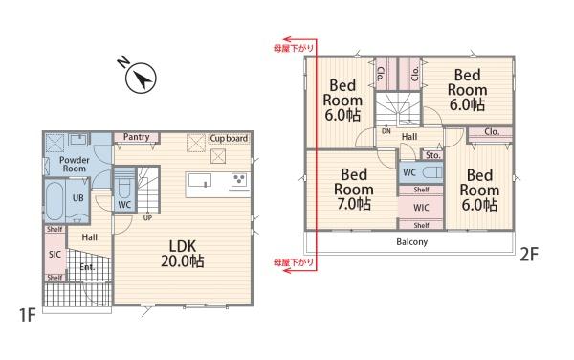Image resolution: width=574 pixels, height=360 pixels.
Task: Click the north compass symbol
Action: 141,78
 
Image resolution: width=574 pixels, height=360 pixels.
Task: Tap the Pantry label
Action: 136,137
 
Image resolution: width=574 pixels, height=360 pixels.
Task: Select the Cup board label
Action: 229,139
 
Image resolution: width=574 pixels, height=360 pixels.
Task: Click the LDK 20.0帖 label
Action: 183,254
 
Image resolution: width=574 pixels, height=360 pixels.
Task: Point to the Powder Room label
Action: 75,164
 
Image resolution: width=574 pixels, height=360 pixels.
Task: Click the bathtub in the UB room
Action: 55,201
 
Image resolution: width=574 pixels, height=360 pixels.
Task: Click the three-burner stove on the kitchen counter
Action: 239,180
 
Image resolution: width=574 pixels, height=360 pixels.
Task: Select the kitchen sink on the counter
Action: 200,180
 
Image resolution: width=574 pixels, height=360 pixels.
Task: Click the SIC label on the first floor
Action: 55,254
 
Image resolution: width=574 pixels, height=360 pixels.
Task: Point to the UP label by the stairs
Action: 147,218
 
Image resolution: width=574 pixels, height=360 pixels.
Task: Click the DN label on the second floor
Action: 386,131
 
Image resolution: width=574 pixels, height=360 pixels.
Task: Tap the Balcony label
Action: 411,241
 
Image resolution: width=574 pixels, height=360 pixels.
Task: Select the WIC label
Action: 421,208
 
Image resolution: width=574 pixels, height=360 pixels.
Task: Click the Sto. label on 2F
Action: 432,155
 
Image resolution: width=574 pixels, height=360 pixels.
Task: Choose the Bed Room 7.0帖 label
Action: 354,190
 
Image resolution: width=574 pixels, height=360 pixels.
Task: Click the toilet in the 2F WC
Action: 432,172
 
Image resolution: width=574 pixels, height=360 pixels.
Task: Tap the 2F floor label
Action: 529,254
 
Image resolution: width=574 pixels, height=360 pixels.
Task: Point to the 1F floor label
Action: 28,315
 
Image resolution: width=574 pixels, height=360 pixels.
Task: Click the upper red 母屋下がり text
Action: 294,48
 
